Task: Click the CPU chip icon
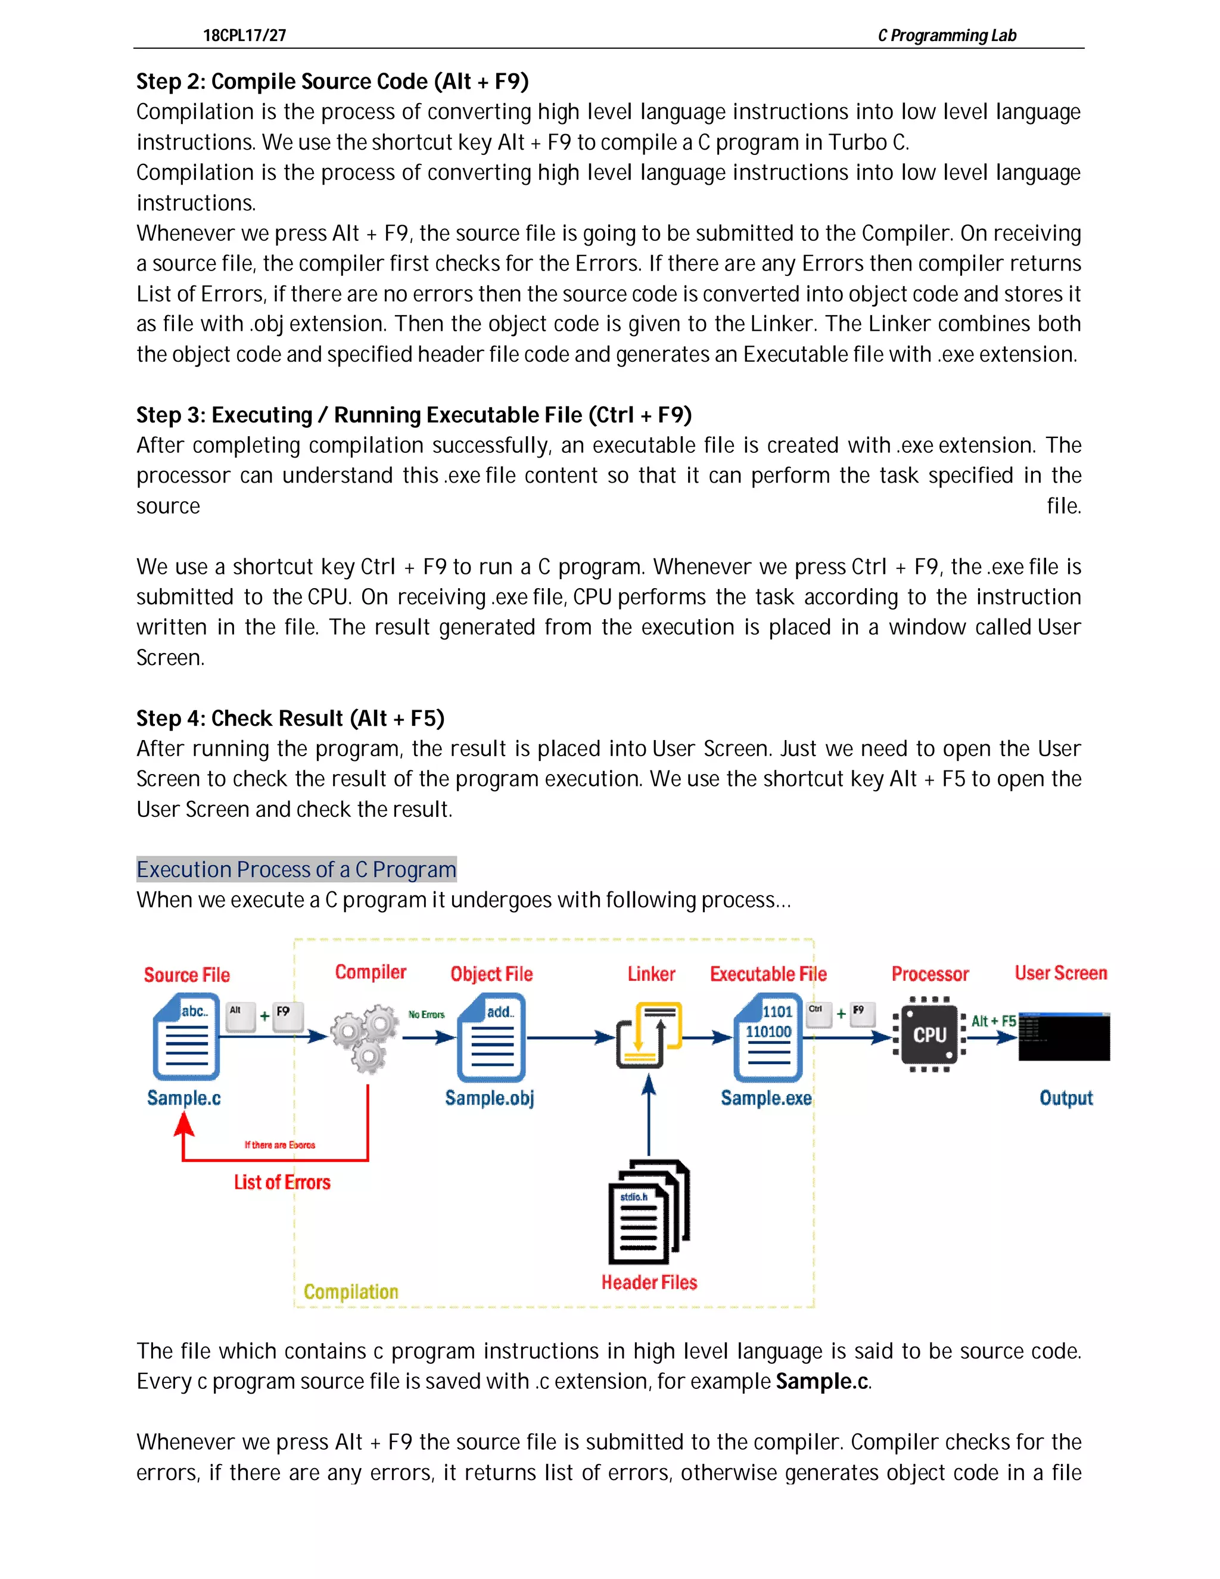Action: tap(929, 1034)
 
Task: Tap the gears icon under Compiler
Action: tap(366, 1038)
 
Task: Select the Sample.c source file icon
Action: tap(186, 1037)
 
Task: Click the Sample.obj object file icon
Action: tap(491, 1037)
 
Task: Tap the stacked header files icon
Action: tap(648, 1213)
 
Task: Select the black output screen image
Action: tap(1064, 1037)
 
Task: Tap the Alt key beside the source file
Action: tap(239, 1014)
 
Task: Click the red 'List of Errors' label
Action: tap(282, 1182)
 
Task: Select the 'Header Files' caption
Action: tap(649, 1283)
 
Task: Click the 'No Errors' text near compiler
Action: tap(427, 1014)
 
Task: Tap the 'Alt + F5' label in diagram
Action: tap(993, 1021)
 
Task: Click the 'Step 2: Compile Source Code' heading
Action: tap(332, 82)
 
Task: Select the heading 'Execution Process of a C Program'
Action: tap(296, 869)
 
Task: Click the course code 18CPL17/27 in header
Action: tap(244, 35)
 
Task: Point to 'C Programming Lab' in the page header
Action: tap(947, 35)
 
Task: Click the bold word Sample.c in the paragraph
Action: tap(821, 1381)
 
